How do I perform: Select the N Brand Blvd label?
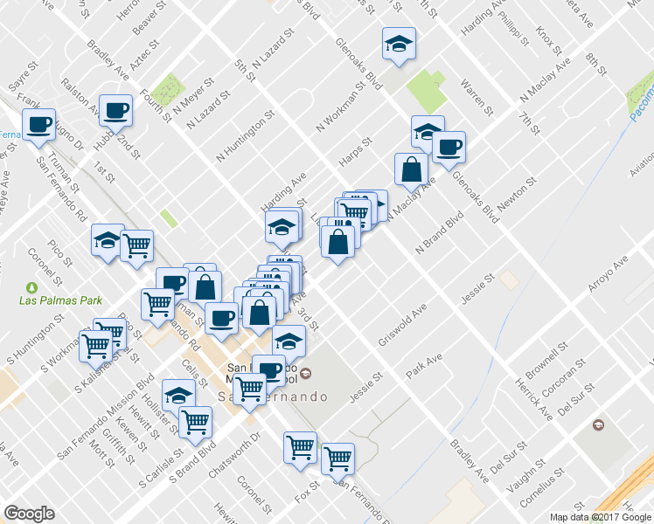(x=439, y=231)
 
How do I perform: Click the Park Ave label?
(x=424, y=366)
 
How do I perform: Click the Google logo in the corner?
(x=30, y=514)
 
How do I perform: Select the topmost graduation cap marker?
(x=399, y=44)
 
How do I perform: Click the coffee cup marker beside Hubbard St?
(x=115, y=110)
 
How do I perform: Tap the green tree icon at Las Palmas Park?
(x=33, y=286)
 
